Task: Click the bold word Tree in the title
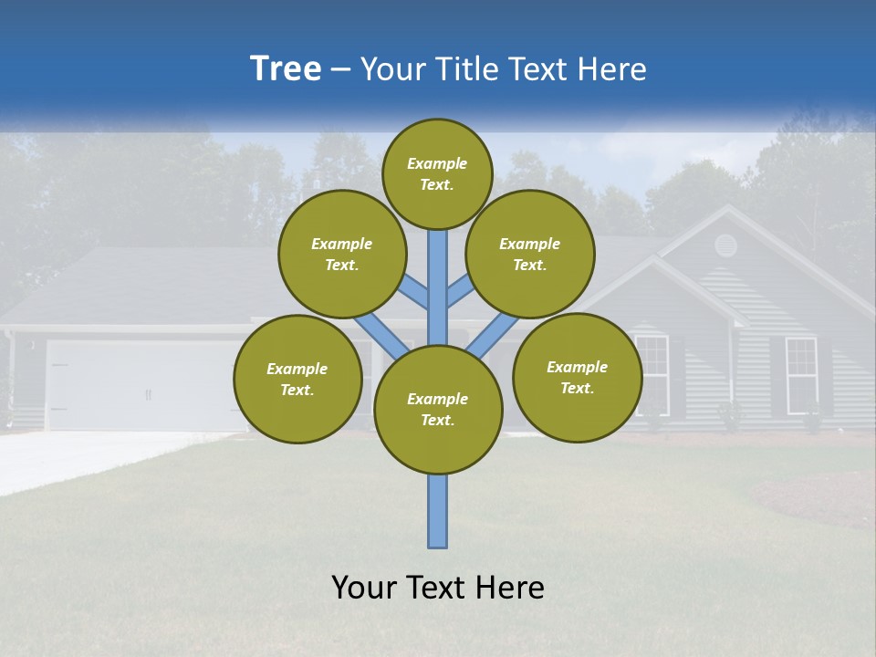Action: tap(286, 69)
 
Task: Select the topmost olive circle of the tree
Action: tap(437, 173)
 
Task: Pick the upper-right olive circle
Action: tap(530, 254)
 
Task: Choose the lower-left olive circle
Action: tap(297, 379)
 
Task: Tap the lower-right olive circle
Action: tap(577, 377)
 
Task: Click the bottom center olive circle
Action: tap(438, 409)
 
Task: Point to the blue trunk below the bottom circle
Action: tap(438, 511)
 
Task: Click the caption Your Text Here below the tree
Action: tap(438, 588)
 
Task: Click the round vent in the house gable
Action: tap(725, 245)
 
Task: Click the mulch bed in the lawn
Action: tap(812, 497)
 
